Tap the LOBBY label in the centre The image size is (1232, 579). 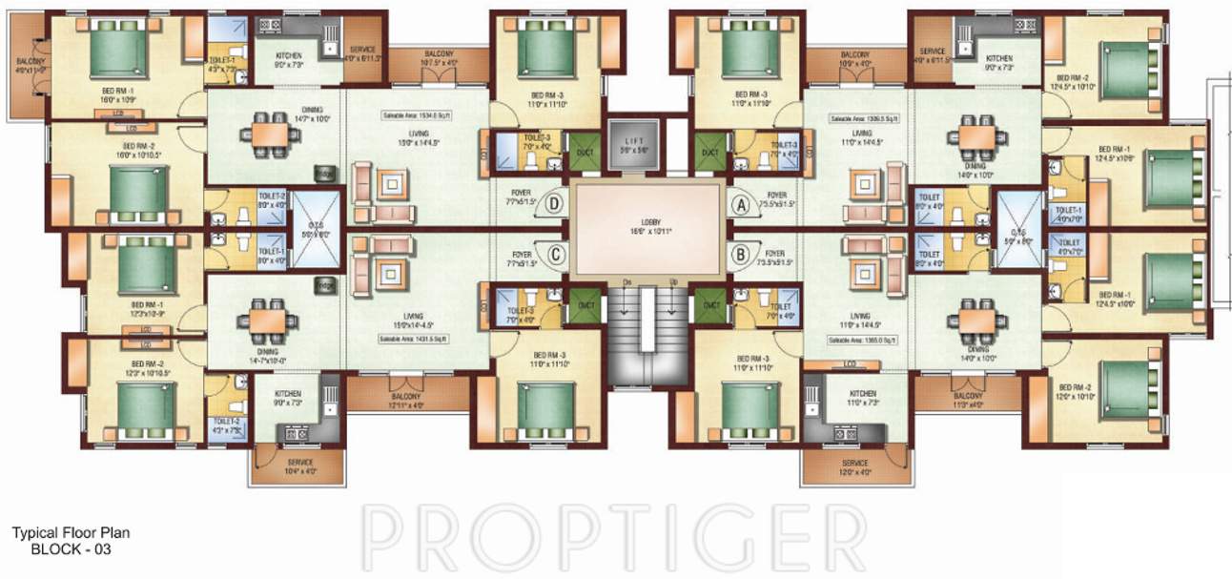[x=647, y=226]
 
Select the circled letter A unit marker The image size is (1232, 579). [x=737, y=202]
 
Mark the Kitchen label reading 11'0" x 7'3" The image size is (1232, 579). [x=862, y=399]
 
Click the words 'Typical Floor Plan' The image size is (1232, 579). [x=72, y=534]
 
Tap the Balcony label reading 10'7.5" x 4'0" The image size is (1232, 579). [x=439, y=58]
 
